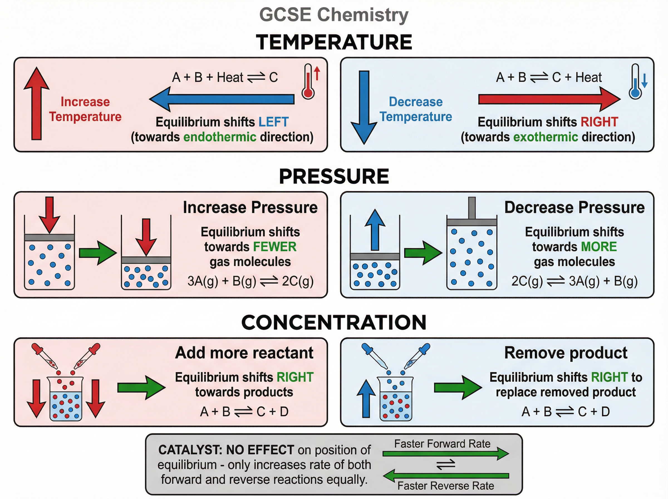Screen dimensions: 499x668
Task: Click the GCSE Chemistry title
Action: tap(333, 14)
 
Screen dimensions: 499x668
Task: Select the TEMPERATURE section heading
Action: tap(334, 42)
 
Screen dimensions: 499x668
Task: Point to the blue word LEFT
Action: tap(274, 122)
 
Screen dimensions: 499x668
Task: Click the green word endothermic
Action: tap(220, 137)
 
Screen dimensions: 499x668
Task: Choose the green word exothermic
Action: tap(546, 137)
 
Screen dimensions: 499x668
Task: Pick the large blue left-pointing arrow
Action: tap(222, 99)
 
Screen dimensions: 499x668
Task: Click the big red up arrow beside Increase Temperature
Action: tap(36, 103)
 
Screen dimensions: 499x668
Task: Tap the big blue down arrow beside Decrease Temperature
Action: tap(364, 107)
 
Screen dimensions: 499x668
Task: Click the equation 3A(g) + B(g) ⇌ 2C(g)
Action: tap(250, 281)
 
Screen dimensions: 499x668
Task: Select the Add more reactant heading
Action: tap(244, 353)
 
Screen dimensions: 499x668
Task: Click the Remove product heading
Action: tap(566, 353)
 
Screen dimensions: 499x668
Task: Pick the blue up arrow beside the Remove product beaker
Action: tap(366, 399)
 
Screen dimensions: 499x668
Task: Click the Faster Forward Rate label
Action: tap(442, 444)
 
